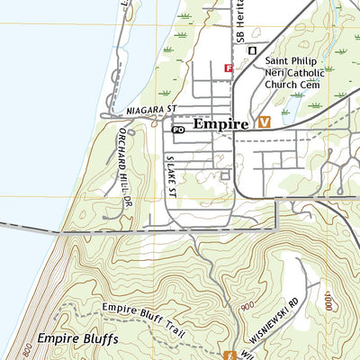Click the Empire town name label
[219, 125]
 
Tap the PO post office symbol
[178, 130]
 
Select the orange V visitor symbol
[265, 122]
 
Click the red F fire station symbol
[229, 67]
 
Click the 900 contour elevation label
[247, 308]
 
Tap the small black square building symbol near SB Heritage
[253, 50]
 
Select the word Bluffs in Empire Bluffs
[96, 340]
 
